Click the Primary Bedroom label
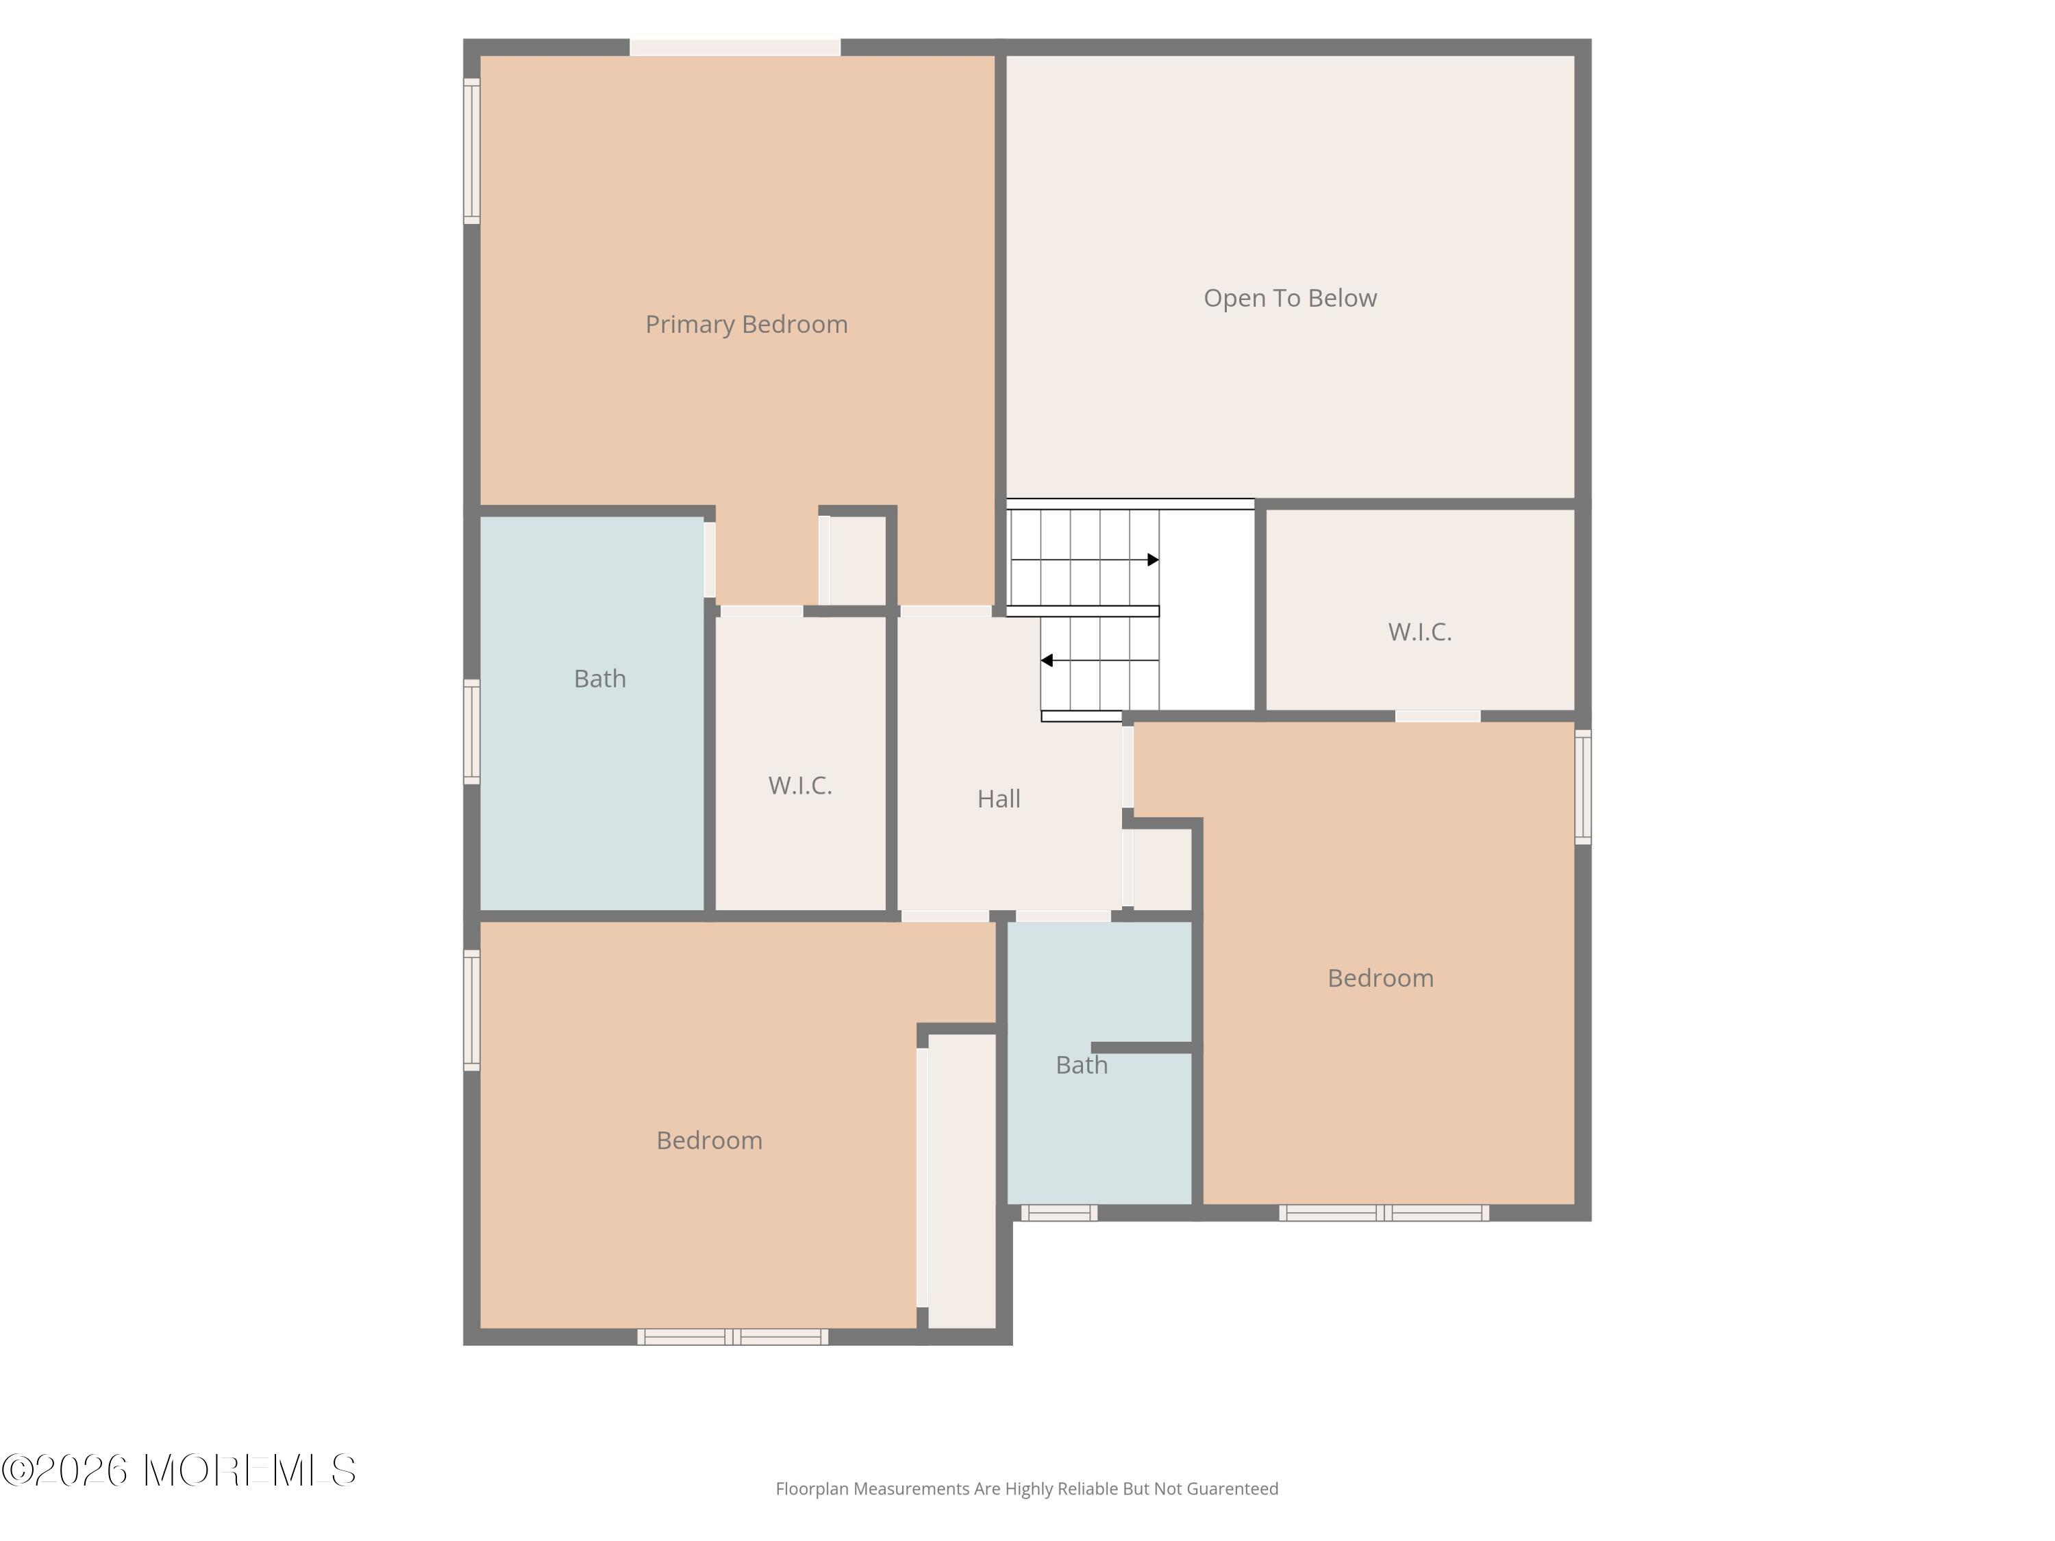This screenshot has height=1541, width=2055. tap(746, 324)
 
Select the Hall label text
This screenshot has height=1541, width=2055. tap(999, 799)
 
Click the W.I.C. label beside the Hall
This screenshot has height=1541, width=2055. tap(800, 786)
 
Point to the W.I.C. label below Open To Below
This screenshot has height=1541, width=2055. tap(1419, 631)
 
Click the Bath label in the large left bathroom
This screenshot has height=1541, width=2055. tap(599, 679)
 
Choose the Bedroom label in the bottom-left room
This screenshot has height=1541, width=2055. tap(709, 1140)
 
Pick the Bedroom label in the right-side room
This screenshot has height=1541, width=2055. tap(1380, 978)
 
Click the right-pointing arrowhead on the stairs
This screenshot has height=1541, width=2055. tap(1153, 560)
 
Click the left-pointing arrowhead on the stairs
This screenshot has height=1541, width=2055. tap(1046, 660)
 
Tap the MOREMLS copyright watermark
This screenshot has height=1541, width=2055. tap(178, 1470)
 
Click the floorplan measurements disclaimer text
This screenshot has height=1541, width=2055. tap(1027, 1489)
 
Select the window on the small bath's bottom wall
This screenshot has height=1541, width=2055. tap(1059, 1213)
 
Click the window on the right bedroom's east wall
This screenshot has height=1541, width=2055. tap(1583, 787)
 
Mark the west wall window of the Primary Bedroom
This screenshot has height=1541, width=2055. tap(472, 151)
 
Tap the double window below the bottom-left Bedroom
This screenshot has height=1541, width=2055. tap(733, 1338)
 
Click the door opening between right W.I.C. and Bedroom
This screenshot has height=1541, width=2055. tap(1437, 716)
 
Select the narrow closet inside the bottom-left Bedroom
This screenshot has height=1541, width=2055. tap(962, 1181)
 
